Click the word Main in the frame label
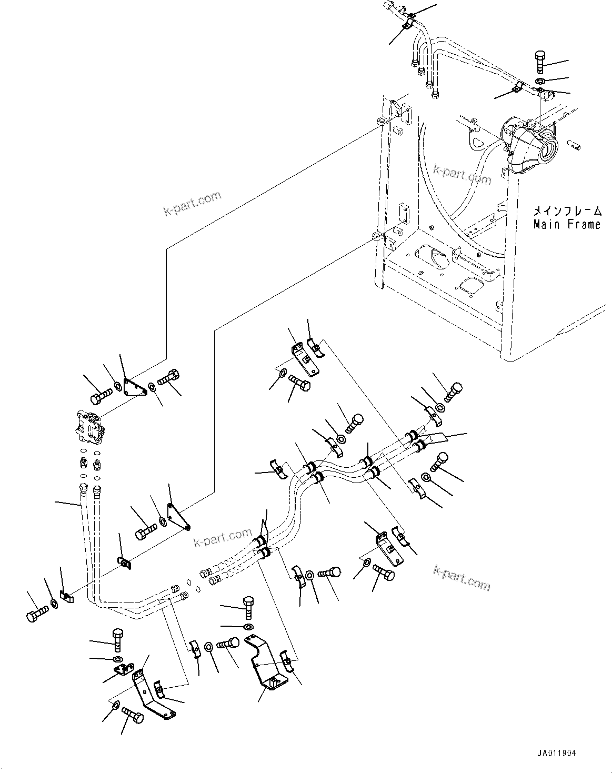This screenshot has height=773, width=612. click(x=546, y=225)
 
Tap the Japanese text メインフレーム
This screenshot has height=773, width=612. click(x=567, y=212)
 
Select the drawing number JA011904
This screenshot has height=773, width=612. click(x=557, y=754)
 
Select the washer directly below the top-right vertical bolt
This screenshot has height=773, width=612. click(x=540, y=81)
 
